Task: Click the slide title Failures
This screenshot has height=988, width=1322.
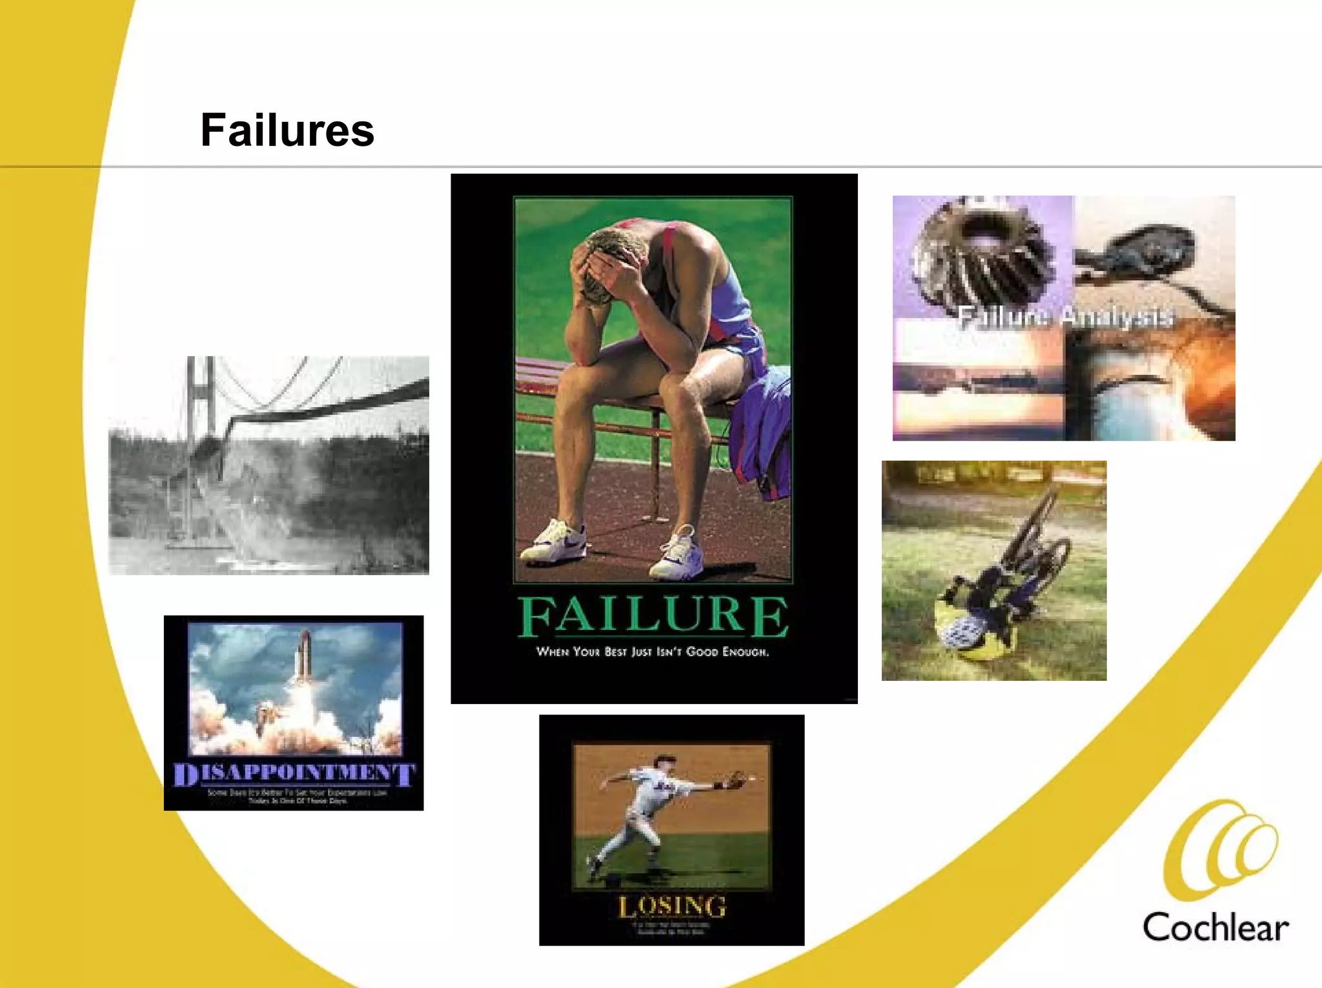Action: (287, 130)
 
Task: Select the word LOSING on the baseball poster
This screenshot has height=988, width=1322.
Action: (672, 907)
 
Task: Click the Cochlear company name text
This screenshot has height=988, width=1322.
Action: (1215, 928)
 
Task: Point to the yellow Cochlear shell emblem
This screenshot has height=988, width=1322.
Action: (1220, 850)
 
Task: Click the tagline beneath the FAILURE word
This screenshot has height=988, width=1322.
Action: (653, 652)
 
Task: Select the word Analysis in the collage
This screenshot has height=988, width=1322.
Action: (1117, 317)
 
